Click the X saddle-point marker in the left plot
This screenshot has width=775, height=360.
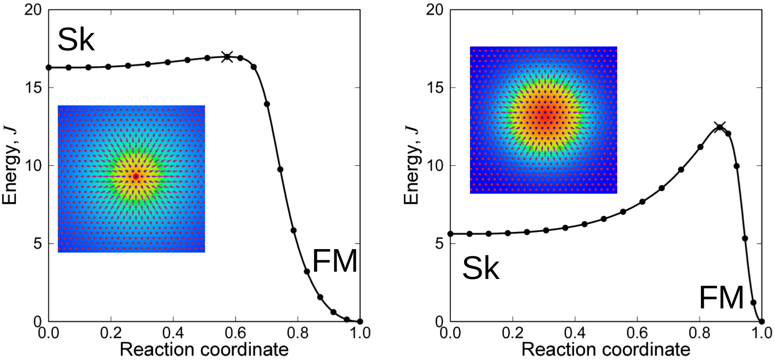pos(227,56)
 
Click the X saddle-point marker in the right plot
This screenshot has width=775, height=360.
pos(720,127)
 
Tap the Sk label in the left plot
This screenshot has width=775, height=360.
pos(76,40)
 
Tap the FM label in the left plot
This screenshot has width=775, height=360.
pos(335,261)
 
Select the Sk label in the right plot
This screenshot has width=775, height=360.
pos(481,268)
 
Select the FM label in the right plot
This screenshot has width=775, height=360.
pos(721,298)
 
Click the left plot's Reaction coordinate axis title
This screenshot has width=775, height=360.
pos(204,350)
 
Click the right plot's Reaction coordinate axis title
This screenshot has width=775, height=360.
pos(606,350)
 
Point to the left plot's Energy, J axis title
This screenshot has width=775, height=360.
pos(9,165)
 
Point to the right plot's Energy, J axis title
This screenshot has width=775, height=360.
pos(411,165)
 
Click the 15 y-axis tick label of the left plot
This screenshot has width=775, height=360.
pos(33,87)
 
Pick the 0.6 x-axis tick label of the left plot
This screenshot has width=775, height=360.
pos(235,333)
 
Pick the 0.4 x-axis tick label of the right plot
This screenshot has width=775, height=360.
pos(575,333)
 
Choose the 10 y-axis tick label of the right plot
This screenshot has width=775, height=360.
pos(435,165)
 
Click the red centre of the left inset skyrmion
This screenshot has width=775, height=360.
pos(136,176)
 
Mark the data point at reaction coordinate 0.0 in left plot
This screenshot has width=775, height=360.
pos(49,67)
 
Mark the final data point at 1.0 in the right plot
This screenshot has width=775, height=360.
pos(762,322)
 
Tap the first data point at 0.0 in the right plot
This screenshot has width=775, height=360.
pos(450,234)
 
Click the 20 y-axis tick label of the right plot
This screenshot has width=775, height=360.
pos(435,9)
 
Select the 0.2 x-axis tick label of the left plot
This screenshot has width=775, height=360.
pos(111,333)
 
